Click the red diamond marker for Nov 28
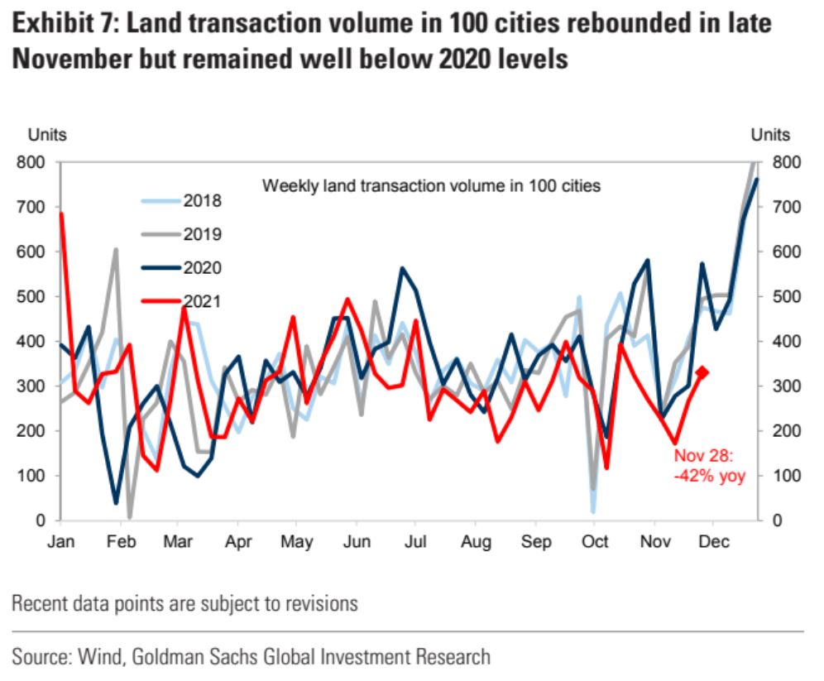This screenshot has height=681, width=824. [702, 372]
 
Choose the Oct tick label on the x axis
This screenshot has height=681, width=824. [594, 543]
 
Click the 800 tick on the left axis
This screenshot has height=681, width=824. [34, 162]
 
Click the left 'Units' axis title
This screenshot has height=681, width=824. [48, 135]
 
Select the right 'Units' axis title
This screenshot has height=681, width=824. [770, 135]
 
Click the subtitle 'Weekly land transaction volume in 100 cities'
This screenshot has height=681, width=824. [431, 185]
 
